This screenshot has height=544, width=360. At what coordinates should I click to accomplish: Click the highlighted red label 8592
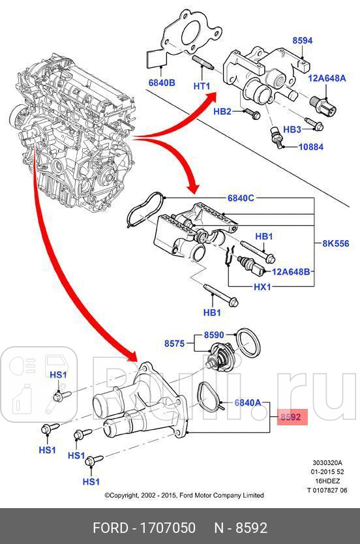point(290,417)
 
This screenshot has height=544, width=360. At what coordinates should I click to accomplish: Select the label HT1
point(202,86)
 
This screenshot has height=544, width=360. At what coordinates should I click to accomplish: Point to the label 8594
point(302,40)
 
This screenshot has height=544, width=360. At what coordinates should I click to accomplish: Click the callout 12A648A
point(327,79)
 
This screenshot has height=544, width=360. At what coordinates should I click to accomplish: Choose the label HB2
point(222,112)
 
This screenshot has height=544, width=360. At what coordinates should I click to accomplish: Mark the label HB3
point(292,129)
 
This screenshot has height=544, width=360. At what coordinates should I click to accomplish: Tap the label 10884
point(311,147)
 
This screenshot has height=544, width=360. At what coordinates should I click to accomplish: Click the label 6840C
point(241,198)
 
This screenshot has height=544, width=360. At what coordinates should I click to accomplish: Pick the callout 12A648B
point(292,271)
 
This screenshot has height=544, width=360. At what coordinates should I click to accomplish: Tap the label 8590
point(214,335)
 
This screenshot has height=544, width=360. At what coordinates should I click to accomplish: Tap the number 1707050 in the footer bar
point(173,527)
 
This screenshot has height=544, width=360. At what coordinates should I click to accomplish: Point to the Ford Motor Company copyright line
point(185,495)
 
